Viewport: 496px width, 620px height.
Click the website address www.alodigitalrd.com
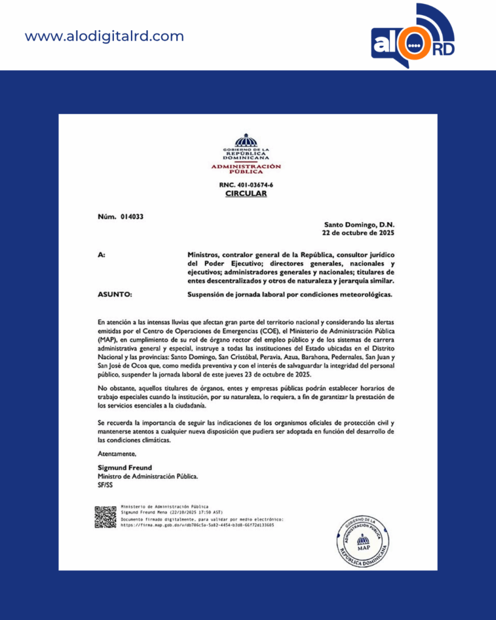[x=104, y=36]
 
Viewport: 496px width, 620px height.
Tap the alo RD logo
[x=412, y=38]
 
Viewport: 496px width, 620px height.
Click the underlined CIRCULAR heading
[x=246, y=194]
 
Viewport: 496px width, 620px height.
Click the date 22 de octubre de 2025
[x=358, y=232]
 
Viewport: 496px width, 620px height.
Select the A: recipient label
[x=101, y=256]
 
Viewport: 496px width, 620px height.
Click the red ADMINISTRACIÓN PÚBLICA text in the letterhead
[x=246, y=168]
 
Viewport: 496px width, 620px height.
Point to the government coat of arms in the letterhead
[x=246, y=140]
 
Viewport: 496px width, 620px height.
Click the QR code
[x=105, y=516]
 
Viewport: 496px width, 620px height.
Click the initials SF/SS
[x=105, y=484]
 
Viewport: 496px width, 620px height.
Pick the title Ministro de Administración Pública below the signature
[x=147, y=476]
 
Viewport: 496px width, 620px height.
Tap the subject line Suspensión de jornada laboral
[x=290, y=294]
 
